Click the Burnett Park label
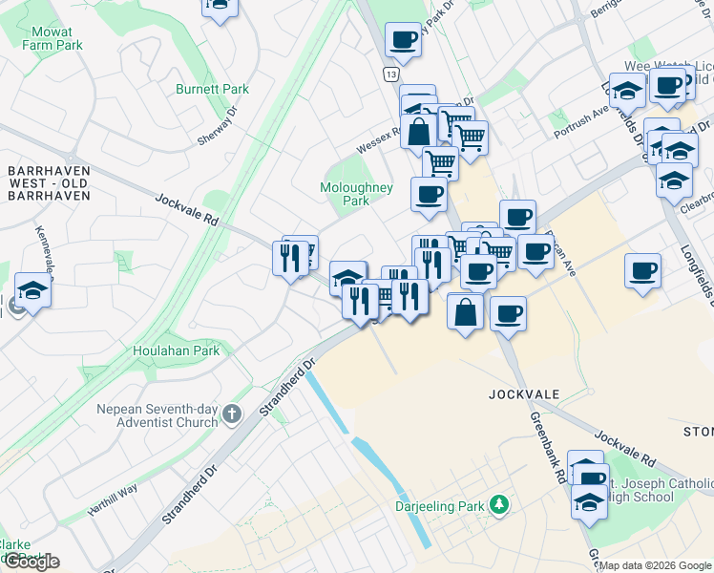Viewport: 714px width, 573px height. click(212, 89)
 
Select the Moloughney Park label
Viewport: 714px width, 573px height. click(356, 194)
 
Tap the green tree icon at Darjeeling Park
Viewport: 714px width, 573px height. click(496, 503)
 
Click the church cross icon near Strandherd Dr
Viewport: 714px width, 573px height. click(232, 414)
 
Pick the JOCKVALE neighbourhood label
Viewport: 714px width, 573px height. click(521, 393)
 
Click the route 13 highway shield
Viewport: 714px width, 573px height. click(392, 74)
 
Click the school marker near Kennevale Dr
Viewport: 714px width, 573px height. click(32, 290)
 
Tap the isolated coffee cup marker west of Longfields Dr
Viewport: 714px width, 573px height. click(643, 270)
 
